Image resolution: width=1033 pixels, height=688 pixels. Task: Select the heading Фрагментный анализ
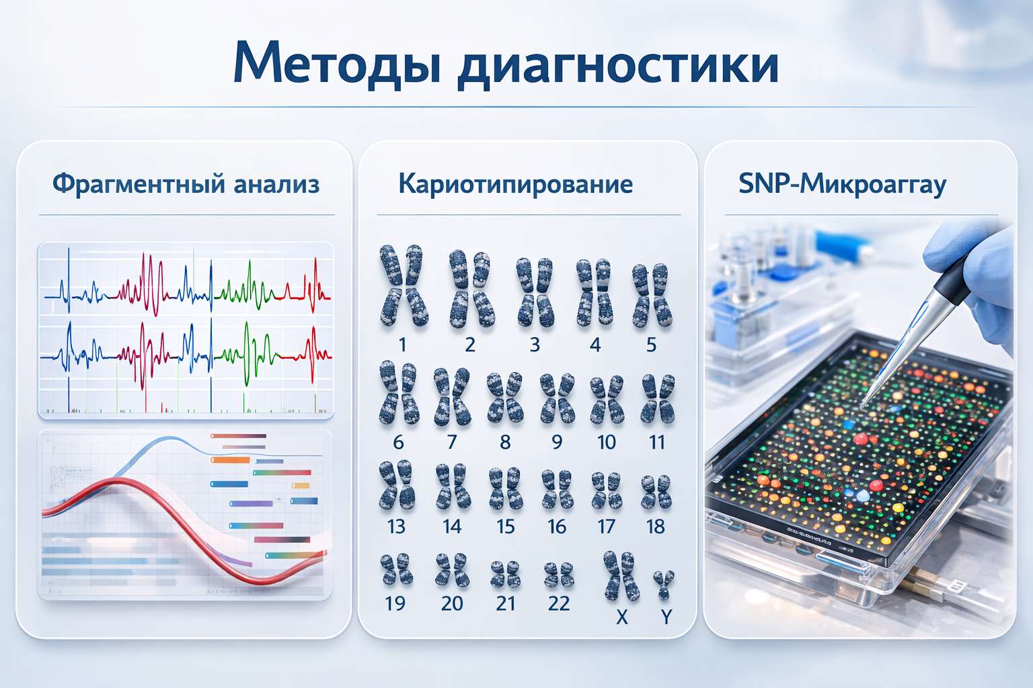pyautogui.click(x=186, y=184)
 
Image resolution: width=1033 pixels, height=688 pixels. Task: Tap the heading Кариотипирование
pyautogui.click(x=515, y=184)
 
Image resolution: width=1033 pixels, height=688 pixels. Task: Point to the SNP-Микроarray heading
pyautogui.click(x=842, y=184)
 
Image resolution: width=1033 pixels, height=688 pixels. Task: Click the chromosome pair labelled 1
pyautogui.click(x=403, y=286)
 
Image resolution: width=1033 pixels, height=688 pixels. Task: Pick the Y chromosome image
pyautogui.click(x=664, y=585)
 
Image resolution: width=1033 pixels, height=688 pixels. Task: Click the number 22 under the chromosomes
pyautogui.click(x=559, y=603)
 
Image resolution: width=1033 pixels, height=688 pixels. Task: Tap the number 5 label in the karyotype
pyautogui.click(x=651, y=345)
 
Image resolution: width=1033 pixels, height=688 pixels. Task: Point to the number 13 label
pyautogui.click(x=396, y=527)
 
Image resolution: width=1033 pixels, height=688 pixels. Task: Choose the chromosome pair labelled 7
pyautogui.click(x=451, y=397)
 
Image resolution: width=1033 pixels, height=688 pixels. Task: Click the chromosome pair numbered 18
pyautogui.click(x=656, y=492)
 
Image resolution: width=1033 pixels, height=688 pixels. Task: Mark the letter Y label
pyautogui.click(x=666, y=617)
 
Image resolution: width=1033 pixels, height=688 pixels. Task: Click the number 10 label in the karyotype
pyautogui.click(x=607, y=442)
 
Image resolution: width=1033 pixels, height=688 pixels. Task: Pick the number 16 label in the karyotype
pyautogui.click(x=557, y=527)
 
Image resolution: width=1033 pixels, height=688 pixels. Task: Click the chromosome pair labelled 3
pyautogui.click(x=535, y=292)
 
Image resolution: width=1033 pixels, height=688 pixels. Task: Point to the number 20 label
pyautogui.click(x=452, y=603)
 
